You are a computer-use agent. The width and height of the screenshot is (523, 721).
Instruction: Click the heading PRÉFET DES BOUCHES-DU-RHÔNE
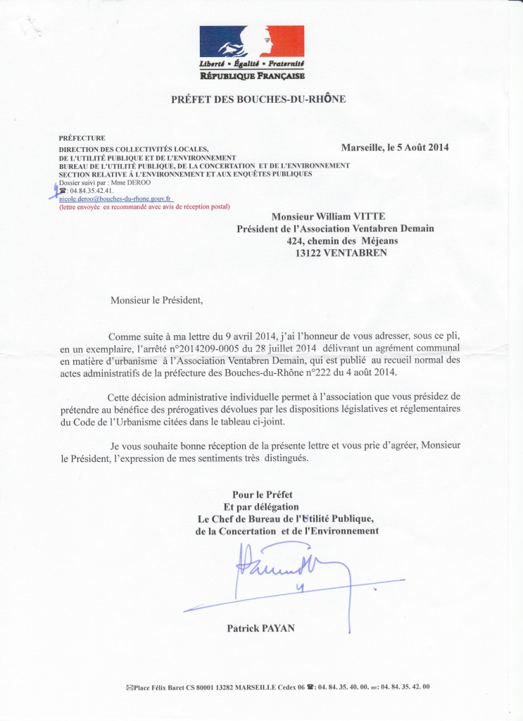(258, 100)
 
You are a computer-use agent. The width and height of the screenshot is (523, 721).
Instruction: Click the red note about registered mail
(144, 207)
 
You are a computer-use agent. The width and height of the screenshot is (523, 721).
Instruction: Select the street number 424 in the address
(297, 240)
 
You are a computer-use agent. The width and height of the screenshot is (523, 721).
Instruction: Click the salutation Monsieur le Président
(156, 301)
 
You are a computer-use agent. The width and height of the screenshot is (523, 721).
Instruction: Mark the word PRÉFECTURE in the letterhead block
(82, 138)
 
